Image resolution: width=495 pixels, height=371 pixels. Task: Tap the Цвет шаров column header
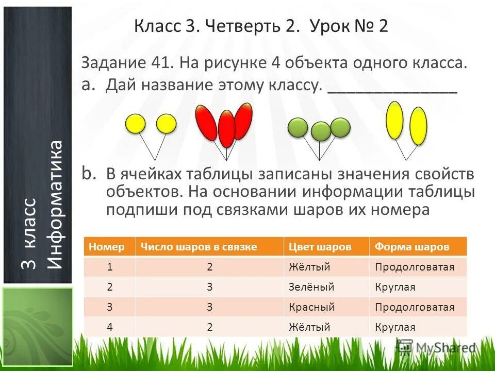320,247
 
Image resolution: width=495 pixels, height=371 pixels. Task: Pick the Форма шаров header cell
411,247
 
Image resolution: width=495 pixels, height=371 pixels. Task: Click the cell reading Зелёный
311,287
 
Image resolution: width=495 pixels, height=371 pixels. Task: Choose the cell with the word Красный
311,307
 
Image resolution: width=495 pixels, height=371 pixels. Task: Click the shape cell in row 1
414,267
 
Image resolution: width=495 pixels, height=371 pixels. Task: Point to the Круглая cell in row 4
395,327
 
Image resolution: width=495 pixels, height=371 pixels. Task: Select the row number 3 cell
109,307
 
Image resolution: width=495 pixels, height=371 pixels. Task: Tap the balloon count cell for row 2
209,287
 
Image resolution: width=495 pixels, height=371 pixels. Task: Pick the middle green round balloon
321,131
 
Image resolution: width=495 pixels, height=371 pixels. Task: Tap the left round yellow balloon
136,124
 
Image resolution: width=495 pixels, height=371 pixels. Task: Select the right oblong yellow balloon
418,126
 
